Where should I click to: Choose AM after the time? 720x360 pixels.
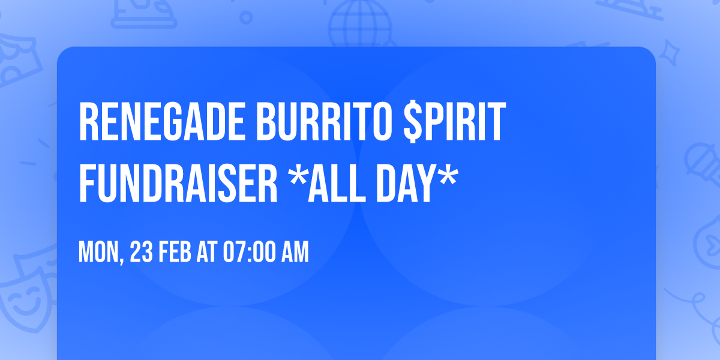(x=293, y=253)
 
